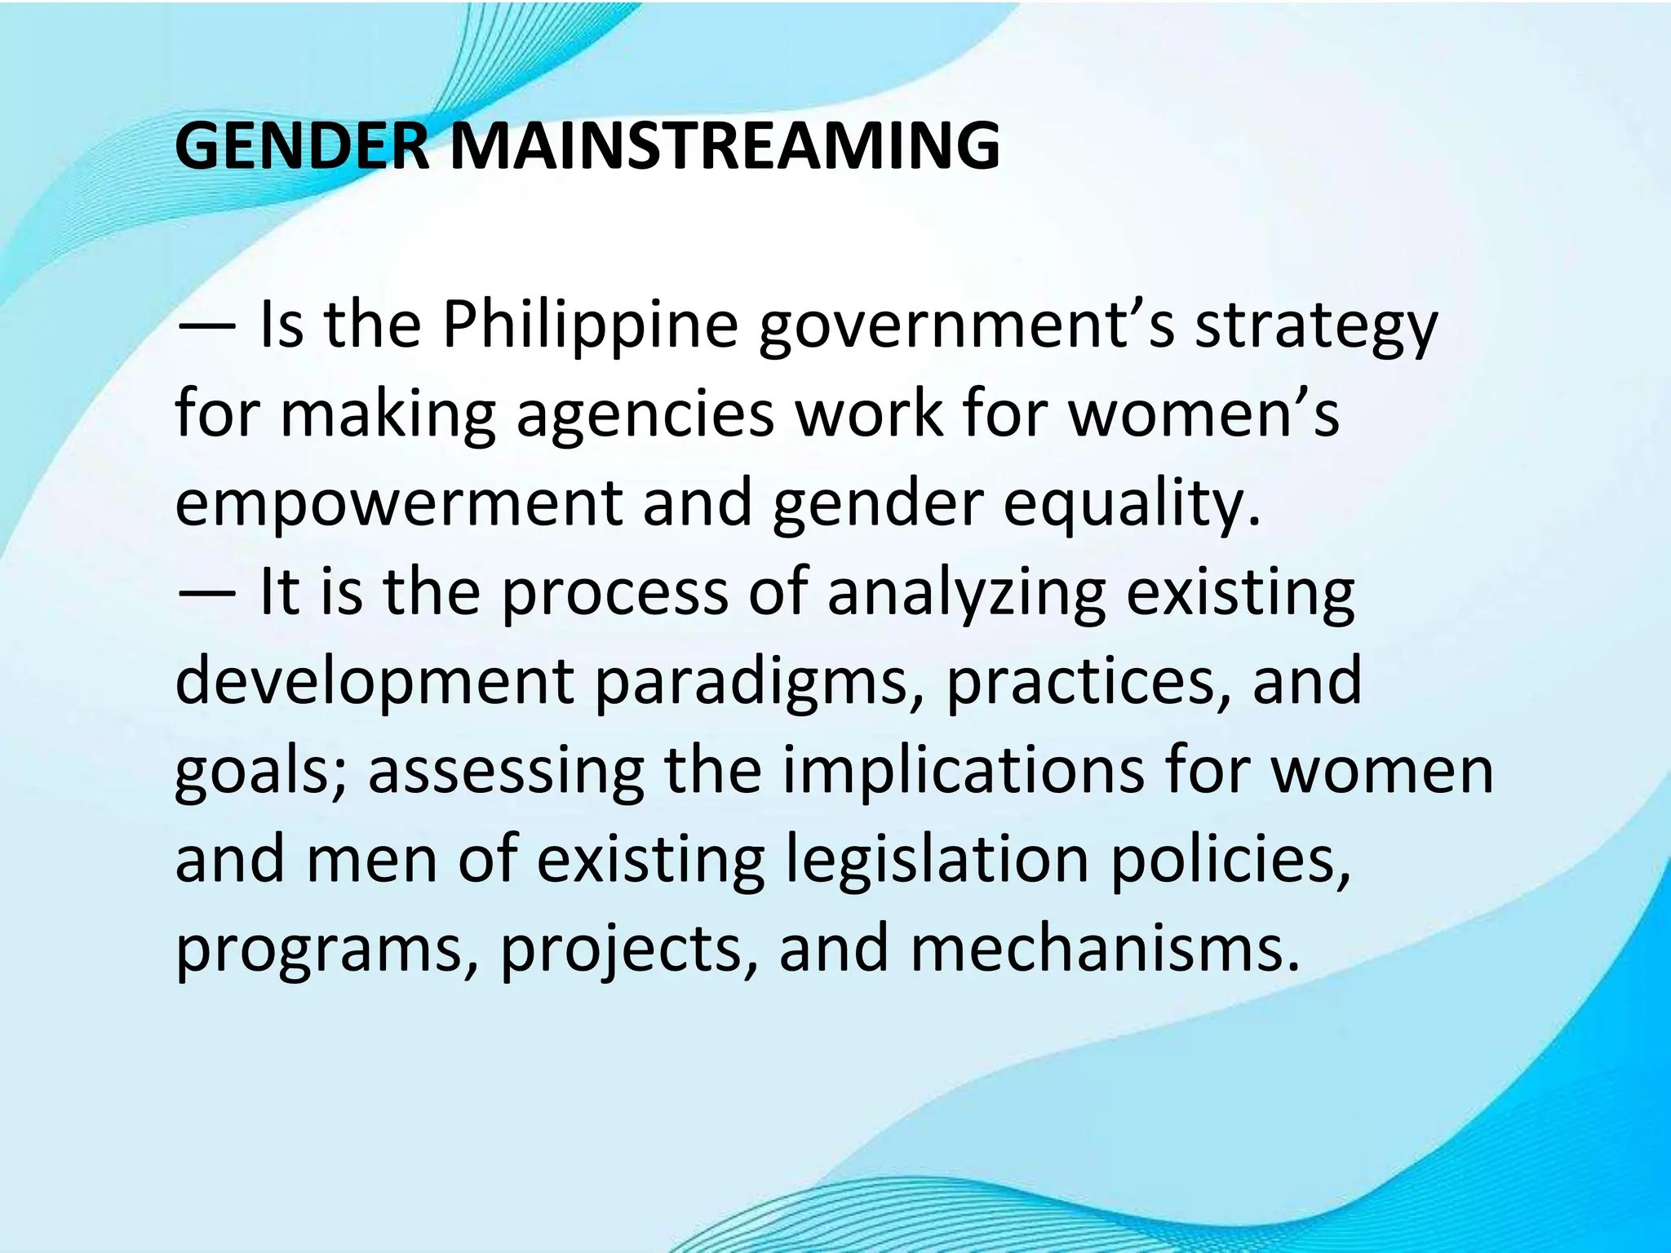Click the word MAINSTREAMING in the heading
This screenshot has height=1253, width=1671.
click(x=725, y=147)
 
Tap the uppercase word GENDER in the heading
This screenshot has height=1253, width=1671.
click(x=302, y=147)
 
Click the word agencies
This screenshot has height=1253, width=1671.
click(x=645, y=414)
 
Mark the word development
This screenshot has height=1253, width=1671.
click(x=375, y=682)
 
